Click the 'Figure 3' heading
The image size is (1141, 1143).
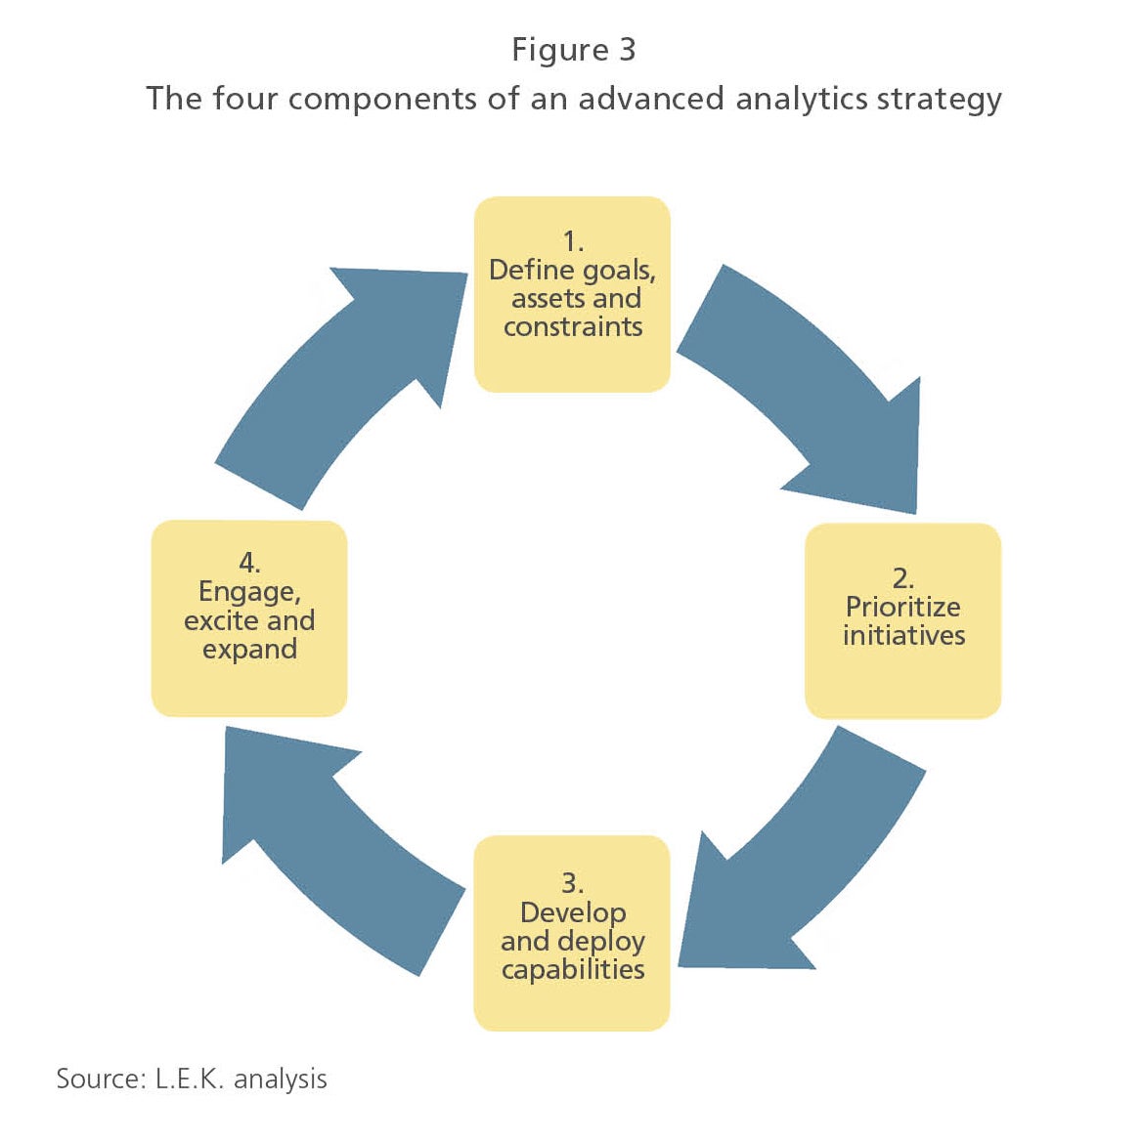click(x=573, y=50)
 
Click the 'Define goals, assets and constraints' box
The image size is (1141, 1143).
click(x=572, y=294)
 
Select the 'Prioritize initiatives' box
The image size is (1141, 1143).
click(x=902, y=621)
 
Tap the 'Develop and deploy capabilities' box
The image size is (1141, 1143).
click(x=572, y=933)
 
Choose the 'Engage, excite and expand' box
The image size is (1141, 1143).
click(x=249, y=618)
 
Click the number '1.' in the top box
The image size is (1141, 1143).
click(x=573, y=241)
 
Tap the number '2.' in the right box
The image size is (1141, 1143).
click(x=902, y=577)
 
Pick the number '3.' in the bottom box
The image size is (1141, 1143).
click(x=572, y=883)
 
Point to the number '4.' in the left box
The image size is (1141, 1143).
click(x=249, y=563)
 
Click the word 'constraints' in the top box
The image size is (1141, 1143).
click(x=573, y=327)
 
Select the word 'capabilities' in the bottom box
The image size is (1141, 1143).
click(x=573, y=969)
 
